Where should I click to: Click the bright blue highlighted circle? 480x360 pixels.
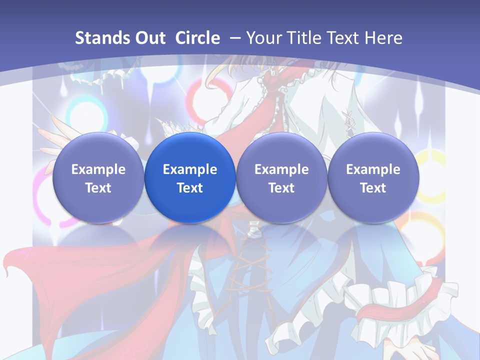click(190, 177)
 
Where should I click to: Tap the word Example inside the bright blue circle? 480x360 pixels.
click(190, 169)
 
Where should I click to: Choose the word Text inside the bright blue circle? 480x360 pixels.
click(190, 188)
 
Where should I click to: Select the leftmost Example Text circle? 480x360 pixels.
click(98, 177)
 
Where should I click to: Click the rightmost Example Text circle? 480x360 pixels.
click(373, 177)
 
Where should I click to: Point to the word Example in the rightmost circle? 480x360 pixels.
click(373, 169)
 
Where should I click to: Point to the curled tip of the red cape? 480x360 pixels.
click(8, 267)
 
